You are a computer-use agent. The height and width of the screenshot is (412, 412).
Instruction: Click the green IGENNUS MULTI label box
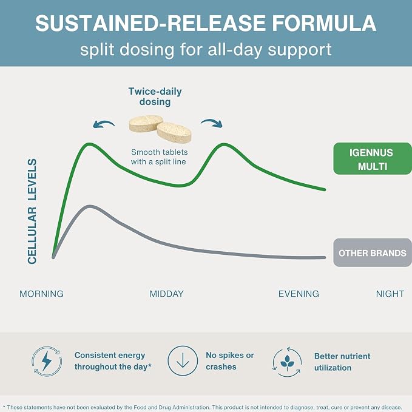coord(373,158)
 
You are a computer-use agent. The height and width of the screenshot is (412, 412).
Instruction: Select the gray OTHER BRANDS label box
coord(373,252)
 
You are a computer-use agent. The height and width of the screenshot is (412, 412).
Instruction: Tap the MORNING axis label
coord(41,294)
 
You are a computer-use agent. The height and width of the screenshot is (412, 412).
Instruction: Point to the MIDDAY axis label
coord(167,294)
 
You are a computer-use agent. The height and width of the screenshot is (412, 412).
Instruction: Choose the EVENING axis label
coord(299,294)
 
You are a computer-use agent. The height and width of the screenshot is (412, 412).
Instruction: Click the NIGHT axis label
coord(390,294)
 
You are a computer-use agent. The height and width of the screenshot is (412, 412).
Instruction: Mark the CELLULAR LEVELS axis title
coord(32,211)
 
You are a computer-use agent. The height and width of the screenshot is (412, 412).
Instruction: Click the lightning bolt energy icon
coord(47,361)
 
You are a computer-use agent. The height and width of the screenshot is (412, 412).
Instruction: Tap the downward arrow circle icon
coord(183,360)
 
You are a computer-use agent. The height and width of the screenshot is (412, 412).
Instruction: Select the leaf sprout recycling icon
coord(287,362)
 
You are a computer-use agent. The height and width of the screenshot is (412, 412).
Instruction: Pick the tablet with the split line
coord(146,123)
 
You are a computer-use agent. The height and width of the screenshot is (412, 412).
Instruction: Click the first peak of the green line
coord(89,144)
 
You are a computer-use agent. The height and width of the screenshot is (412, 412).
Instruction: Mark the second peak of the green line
coord(224,144)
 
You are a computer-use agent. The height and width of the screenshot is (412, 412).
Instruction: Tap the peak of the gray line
coord(90,206)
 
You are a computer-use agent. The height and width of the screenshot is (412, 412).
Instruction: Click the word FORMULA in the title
coord(324,23)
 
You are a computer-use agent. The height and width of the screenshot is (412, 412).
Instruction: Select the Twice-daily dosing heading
coord(155,96)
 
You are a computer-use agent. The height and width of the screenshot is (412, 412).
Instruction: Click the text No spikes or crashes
coord(229,361)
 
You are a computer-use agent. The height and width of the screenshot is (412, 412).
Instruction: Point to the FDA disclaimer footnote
coord(204,407)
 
